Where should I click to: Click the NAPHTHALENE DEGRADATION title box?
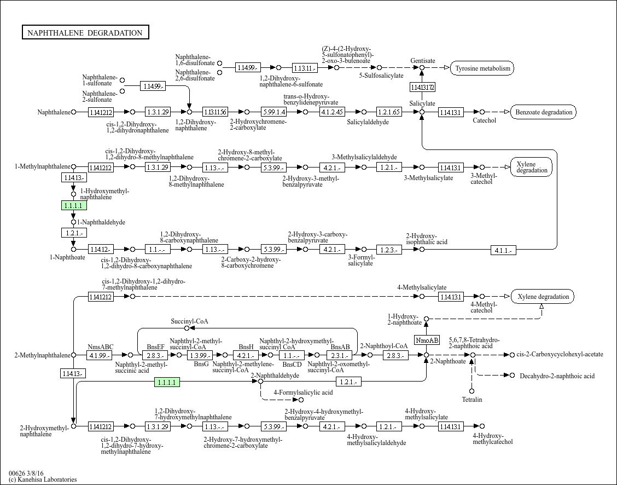point(85,33)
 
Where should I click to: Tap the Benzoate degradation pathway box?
point(543,112)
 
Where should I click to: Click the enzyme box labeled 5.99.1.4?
point(273,112)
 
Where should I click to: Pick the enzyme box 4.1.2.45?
point(332,112)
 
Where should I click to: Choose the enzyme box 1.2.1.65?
point(389,112)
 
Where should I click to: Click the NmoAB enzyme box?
point(427,340)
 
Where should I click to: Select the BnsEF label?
point(155,347)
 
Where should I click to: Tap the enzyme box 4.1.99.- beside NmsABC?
point(100,355)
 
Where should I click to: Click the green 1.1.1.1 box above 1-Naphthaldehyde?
point(73,206)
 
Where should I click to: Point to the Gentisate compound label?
point(423,61)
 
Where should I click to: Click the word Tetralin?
point(472,400)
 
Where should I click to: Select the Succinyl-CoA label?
point(189,321)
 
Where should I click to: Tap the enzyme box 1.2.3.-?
point(389,250)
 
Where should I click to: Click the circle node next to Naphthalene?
point(74,112)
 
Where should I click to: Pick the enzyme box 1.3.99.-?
point(200,355)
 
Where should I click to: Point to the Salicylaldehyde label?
point(368,122)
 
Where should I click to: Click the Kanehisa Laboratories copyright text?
point(43,480)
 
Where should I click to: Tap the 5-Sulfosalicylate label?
point(381,76)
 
